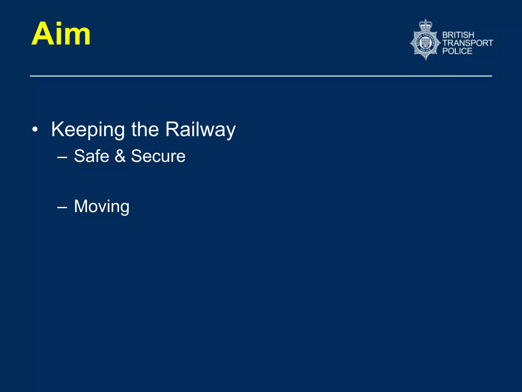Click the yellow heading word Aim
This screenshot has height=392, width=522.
(x=61, y=34)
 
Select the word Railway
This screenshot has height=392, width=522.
(x=200, y=130)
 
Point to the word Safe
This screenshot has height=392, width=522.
(x=92, y=156)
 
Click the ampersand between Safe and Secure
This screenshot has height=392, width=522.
(x=120, y=156)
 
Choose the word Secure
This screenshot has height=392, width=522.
(x=158, y=156)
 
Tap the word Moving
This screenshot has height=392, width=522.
(x=102, y=206)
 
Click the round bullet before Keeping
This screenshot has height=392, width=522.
(x=35, y=130)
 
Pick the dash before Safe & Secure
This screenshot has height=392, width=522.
(x=62, y=157)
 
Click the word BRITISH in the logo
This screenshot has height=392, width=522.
(x=458, y=35)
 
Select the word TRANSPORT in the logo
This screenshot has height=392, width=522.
(x=467, y=43)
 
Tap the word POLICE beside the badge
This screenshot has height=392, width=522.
(x=457, y=51)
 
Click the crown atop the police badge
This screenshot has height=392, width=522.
(x=426, y=25)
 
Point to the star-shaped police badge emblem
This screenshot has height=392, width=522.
(x=425, y=43)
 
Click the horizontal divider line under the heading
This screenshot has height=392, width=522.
(x=261, y=76)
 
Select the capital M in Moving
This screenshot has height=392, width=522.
(x=81, y=206)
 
